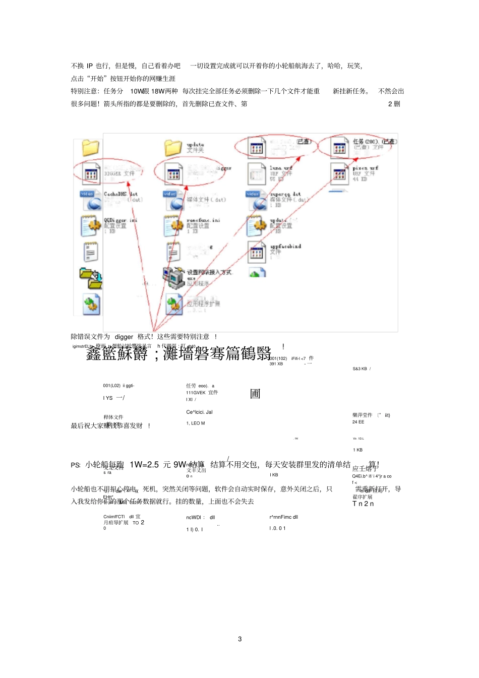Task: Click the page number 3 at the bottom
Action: [239, 639]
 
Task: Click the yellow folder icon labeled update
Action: [173, 147]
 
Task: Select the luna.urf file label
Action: [280, 168]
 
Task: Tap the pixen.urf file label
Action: [365, 168]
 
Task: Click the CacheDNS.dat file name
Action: [121, 194]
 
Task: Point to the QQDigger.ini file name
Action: [120, 220]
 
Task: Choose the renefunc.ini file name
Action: [203, 220]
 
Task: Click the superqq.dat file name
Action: [285, 194]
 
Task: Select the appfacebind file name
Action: [285, 246]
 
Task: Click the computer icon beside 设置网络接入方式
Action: [174, 276]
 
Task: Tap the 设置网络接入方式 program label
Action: [209, 272]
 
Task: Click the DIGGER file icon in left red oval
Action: [91, 174]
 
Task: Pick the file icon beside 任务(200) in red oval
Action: [339, 148]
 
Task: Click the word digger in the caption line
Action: [124, 337]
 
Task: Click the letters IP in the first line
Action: [90, 66]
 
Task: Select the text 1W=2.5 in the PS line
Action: [144, 464]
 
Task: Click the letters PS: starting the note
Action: [76, 465]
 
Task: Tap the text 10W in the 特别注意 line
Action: [136, 91]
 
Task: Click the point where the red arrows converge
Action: [153, 330]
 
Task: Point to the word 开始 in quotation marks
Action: [97, 79]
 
